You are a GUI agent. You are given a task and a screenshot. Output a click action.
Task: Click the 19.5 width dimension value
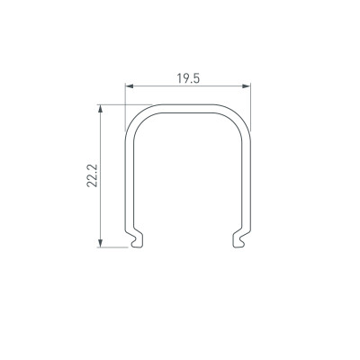[x=186, y=78]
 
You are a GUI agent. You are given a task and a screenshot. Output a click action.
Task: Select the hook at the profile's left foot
[x=135, y=238]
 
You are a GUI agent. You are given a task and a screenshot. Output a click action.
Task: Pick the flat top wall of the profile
[x=186, y=107]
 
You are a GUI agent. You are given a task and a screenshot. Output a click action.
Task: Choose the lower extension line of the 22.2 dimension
[x=112, y=246]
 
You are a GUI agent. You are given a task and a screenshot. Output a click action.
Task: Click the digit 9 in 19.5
[x=183, y=78]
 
